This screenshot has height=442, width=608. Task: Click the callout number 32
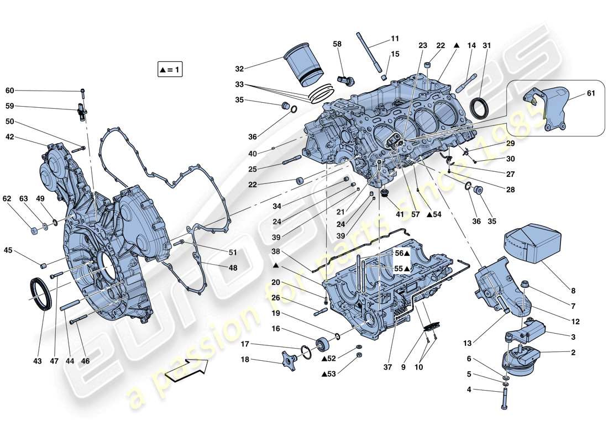pos(239,69)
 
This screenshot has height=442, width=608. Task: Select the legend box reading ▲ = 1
pos(170,70)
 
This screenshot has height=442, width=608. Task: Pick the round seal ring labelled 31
pos(479,108)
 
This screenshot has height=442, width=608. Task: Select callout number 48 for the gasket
pos(233,268)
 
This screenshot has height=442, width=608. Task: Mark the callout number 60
pos(10,91)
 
